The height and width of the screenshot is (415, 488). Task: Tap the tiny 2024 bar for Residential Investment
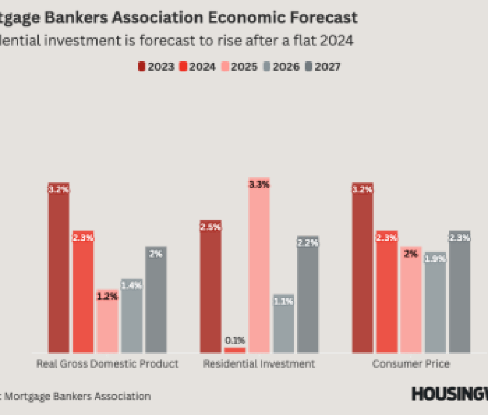click(x=235, y=350)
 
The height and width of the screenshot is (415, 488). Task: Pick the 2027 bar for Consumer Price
click(x=459, y=292)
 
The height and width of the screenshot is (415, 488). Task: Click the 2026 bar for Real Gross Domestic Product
click(x=132, y=316)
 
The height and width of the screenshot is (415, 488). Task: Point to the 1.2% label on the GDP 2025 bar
click(x=108, y=296)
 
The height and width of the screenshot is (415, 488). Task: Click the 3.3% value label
click(x=259, y=184)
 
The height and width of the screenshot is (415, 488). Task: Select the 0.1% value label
click(x=235, y=340)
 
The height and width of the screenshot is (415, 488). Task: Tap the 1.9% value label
click(x=435, y=259)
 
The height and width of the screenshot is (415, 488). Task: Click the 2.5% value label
click(x=210, y=227)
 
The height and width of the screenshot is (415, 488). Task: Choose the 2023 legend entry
click(x=155, y=67)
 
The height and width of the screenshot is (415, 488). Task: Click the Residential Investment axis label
click(x=259, y=364)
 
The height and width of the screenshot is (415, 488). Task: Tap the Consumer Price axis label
click(x=411, y=364)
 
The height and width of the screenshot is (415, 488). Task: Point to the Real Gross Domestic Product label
click(x=108, y=364)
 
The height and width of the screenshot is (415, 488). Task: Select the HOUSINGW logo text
click(x=449, y=394)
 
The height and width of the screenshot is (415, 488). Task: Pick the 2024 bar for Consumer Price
click(x=387, y=292)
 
